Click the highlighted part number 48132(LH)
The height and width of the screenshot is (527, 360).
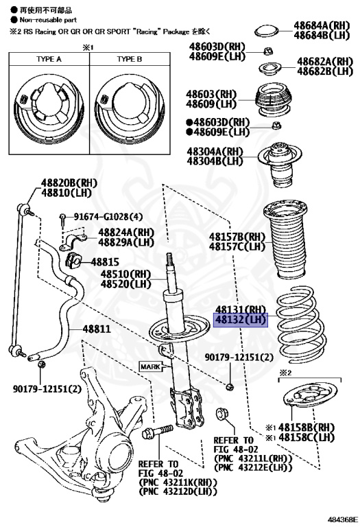tap(241, 320)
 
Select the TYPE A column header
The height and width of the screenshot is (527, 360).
tap(49, 59)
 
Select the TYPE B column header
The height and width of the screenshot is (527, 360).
tap(130, 59)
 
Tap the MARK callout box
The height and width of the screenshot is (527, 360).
tap(150, 366)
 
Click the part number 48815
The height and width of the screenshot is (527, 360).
tap(105, 262)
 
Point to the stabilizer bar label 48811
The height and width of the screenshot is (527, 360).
tap(97, 329)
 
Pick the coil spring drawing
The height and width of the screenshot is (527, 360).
tap(300, 325)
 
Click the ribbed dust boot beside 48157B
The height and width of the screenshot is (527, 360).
tap(285, 240)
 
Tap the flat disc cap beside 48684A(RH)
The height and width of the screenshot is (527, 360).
tap(267, 32)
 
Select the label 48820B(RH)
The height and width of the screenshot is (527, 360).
tap(69, 183)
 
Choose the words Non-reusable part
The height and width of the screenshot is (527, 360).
tap(48, 20)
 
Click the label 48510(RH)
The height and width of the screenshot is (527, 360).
tap(126, 274)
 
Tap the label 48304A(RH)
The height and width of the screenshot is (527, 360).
tap(215, 151)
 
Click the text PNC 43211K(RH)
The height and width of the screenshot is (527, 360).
tap(178, 482)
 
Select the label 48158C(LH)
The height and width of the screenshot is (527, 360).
tap(307, 437)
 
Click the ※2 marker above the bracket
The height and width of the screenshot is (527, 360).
tap(285, 373)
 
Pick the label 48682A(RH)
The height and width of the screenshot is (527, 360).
tap(325, 62)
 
